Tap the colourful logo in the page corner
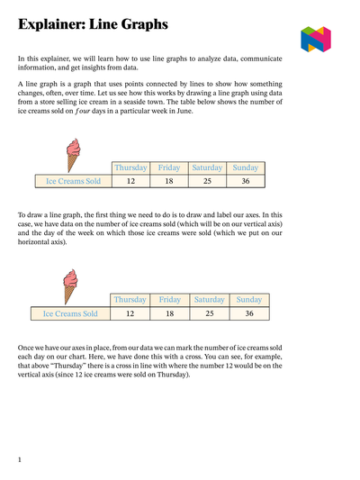(315, 39)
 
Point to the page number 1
(20, 460)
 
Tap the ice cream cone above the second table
(69, 286)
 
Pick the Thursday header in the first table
(130, 168)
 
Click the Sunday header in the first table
(247, 168)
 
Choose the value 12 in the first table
(130, 181)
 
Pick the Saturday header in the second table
(209, 300)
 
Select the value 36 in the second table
(249, 313)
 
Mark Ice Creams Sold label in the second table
(70, 313)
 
